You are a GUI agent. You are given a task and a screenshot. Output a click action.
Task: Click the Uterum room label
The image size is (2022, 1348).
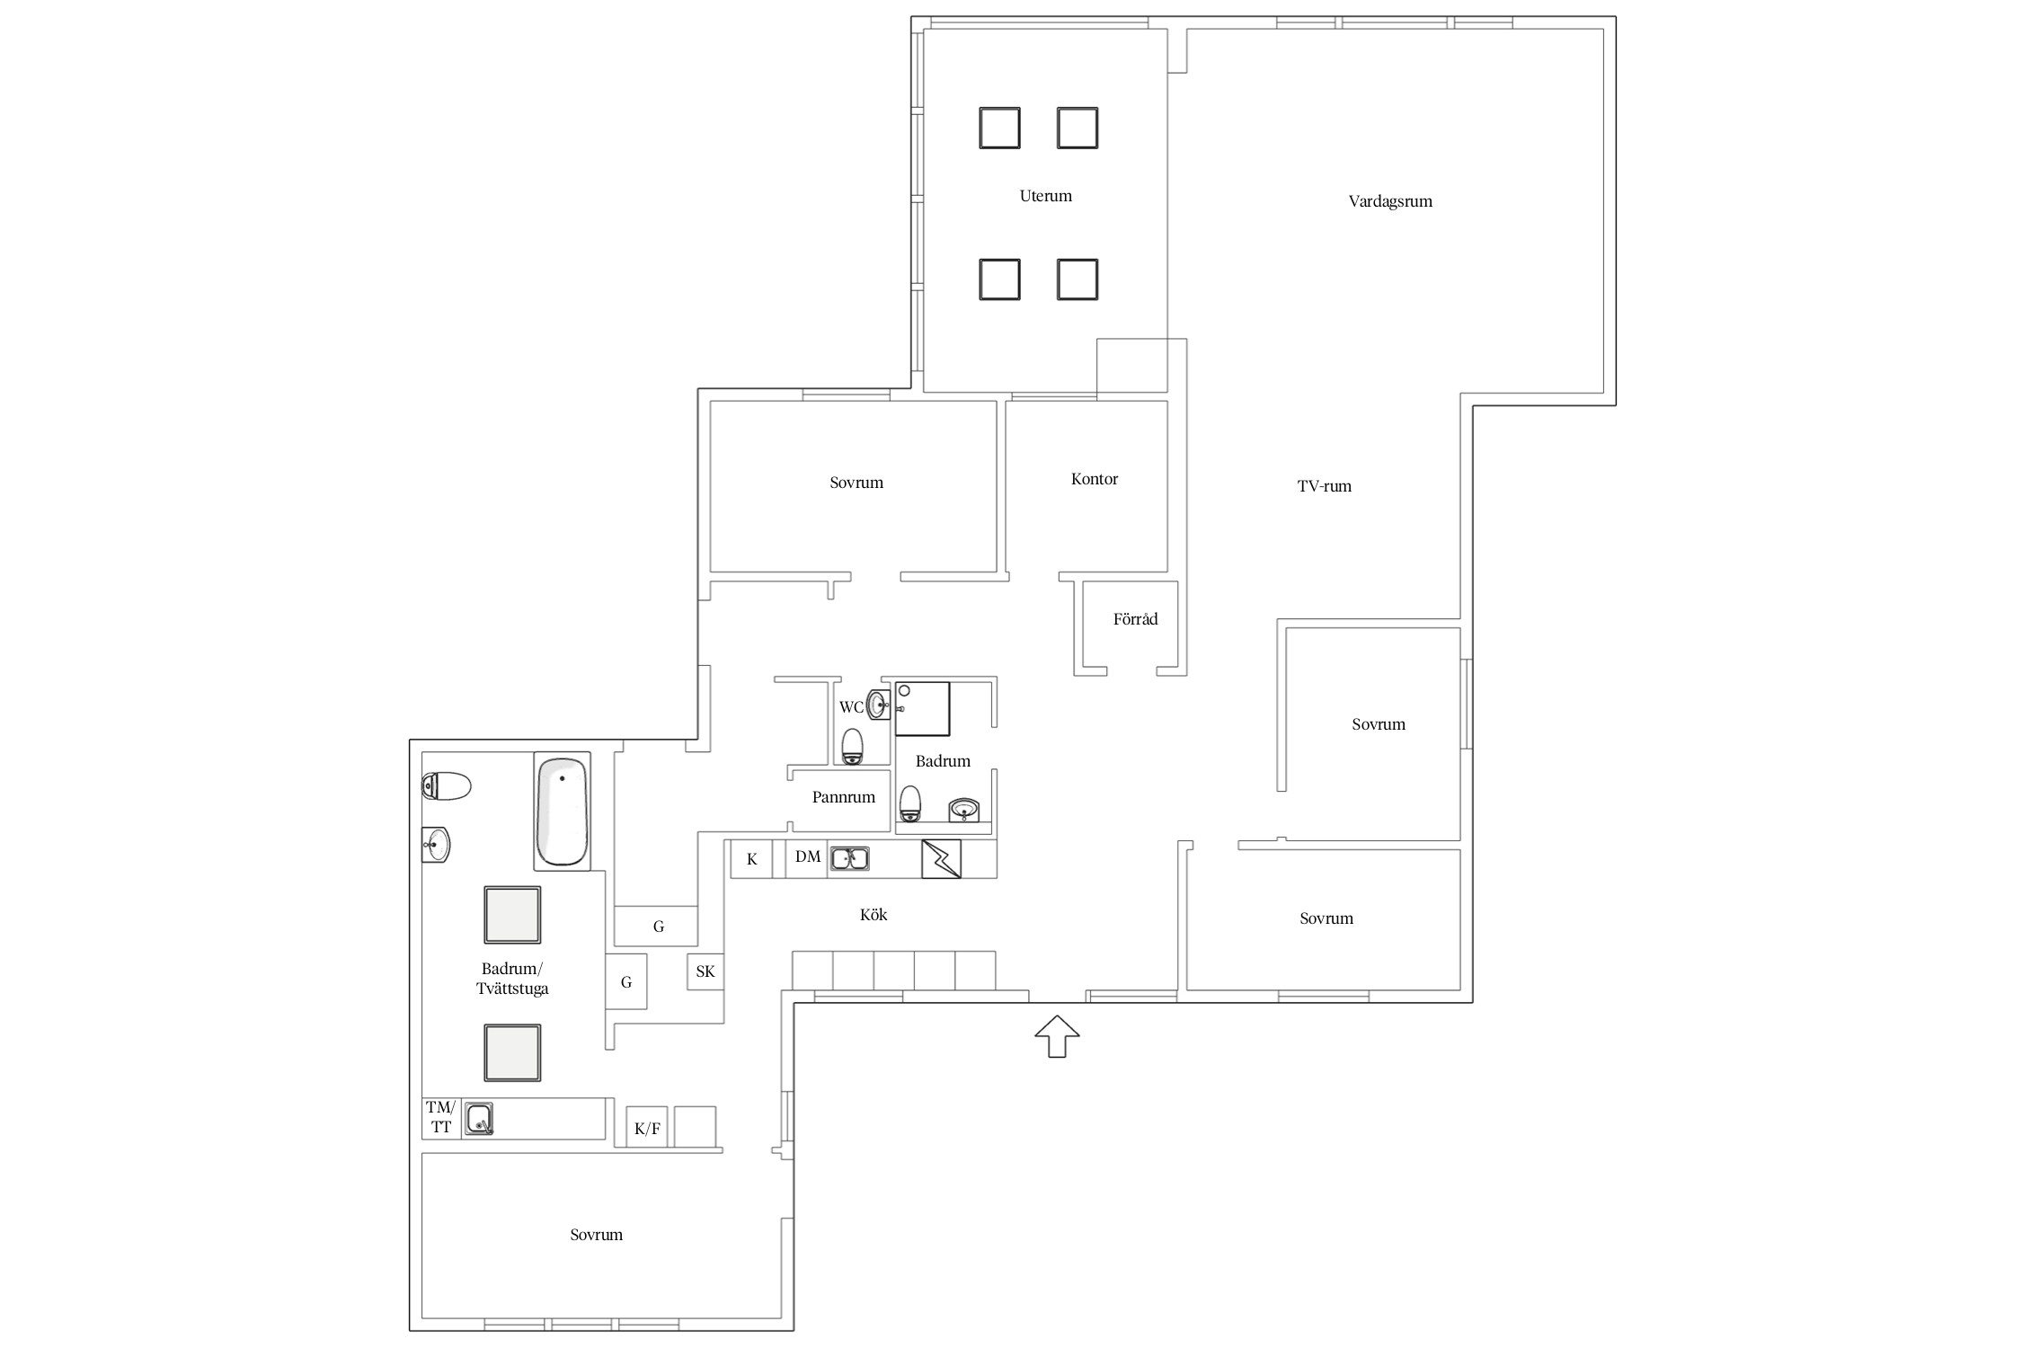pyautogui.click(x=1045, y=196)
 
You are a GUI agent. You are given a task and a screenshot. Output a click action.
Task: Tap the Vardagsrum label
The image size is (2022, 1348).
pyautogui.click(x=1390, y=201)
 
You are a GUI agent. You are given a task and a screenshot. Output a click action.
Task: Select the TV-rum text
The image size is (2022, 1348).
pyautogui.click(x=1324, y=486)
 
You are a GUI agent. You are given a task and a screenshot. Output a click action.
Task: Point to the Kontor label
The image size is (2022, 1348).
pyautogui.click(x=1094, y=479)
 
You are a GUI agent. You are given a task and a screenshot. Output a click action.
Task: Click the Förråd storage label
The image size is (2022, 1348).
pyautogui.click(x=1135, y=618)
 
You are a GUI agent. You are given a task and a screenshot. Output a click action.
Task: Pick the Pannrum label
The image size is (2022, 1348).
pyautogui.click(x=843, y=797)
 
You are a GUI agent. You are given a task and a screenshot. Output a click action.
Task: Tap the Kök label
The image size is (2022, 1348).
pyautogui.click(x=873, y=915)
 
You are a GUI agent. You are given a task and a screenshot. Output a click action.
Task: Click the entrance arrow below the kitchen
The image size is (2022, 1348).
pyautogui.click(x=1057, y=1036)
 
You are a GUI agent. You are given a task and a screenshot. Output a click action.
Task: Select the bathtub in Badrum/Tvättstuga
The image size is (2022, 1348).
pyautogui.click(x=562, y=811)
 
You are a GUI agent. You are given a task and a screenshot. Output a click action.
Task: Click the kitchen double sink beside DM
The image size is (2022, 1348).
pyautogui.click(x=849, y=858)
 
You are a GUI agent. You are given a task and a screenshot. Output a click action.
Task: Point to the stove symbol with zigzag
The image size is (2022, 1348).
pyautogui.click(x=941, y=859)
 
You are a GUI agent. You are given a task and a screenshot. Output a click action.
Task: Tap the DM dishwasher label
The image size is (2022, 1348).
pyautogui.click(x=808, y=857)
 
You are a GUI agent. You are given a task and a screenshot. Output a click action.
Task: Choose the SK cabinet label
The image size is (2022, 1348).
pyautogui.click(x=705, y=971)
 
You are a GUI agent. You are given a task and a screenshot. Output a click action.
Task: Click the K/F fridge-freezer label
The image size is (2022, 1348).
pyautogui.click(x=647, y=1129)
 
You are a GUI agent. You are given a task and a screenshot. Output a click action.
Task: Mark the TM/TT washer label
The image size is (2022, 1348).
pyautogui.click(x=440, y=1116)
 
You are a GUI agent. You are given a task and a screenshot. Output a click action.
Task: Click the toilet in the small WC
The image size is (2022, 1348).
pyautogui.click(x=852, y=747)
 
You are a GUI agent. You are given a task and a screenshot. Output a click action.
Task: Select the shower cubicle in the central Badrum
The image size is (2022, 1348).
pyautogui.click(x=922, y=709)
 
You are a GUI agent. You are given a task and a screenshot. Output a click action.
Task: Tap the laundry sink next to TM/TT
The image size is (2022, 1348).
pyautogui.click(x=479, y=1119)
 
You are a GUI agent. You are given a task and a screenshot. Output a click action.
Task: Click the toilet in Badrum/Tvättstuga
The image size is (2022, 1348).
pyautogui.click(x=447, y=786)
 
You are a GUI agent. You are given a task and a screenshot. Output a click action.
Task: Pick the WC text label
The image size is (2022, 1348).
pyautogui.click(x=851, y=707)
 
